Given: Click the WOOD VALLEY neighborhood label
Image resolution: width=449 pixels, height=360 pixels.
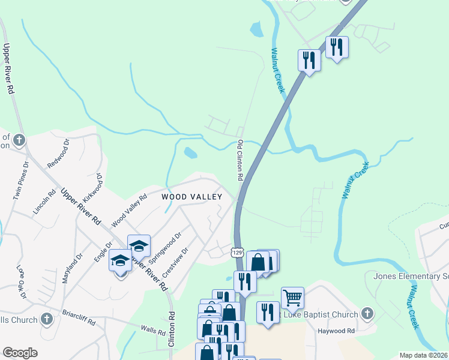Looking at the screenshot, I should pos(191,196).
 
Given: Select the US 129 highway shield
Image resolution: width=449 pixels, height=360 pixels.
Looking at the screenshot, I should pos(238,253).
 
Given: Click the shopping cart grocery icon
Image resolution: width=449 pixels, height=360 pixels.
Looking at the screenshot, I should pos(292,296).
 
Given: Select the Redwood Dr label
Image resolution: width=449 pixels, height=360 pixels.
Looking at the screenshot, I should pos(59,154).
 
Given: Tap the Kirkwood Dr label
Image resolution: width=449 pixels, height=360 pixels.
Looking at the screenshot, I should pos(91,188).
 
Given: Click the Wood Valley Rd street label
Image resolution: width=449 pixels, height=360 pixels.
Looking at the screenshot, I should pos(129,211).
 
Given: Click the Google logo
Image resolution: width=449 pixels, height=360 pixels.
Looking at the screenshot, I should pos(19,353).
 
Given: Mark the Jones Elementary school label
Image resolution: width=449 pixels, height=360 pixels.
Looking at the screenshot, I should pos(411,277).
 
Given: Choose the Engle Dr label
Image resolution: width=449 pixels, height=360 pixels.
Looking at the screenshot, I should pos(104,252).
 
